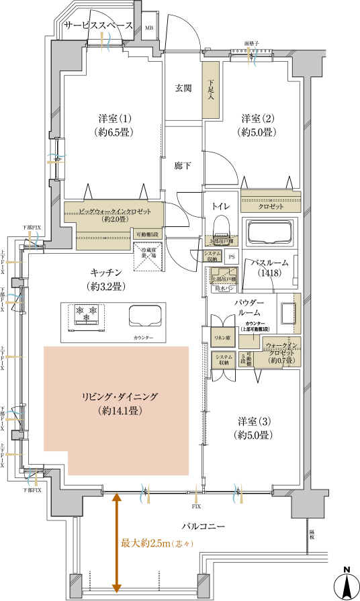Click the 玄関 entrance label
pyautogui.click(x=183, y=88)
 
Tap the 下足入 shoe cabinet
pyautogui.click(x=211, y=90)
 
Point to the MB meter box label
pyautogui.click(x=149, y=28)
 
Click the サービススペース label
pyautogui.click(x=97, y=26)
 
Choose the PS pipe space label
pyautogui.click(x=232, y=257)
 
